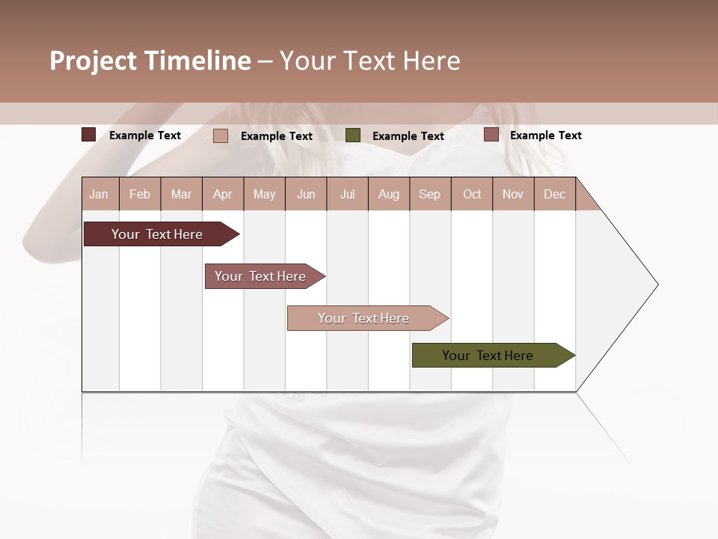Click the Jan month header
tap(99, 194)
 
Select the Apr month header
tap(222, 194)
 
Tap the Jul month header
tap(347, 194)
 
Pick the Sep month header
tap(429, 194)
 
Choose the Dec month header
tap(554, 194)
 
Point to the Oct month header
tap(471, 194)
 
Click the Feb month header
tap(140, 194)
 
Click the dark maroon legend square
tap(89, 135)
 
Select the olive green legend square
tap(353, 135)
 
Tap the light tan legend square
tap(221, 135)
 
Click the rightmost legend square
tap(491, 135)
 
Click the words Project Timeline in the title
tap(150, 61)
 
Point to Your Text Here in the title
tap(369, 61)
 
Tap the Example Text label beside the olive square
tap(408, 136)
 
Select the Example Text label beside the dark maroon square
tap(145, 135)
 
